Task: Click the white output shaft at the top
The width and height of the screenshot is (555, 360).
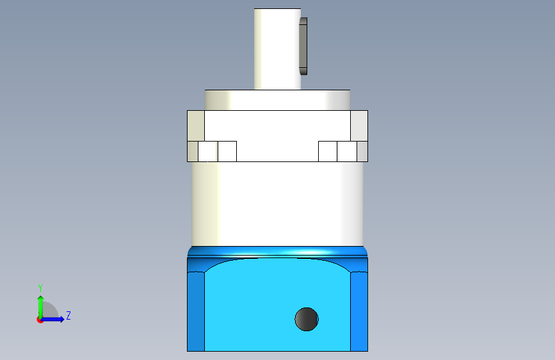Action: [x=277, y=49]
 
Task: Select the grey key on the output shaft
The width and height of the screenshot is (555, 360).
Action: [x=303, y=46]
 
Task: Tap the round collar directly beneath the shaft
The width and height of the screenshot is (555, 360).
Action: [x=277, y=100]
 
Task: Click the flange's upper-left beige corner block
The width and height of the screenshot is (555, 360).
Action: [x=196, y=126]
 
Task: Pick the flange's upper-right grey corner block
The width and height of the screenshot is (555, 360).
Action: [x=359, y=126]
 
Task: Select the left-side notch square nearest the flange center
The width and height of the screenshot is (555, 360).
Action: [x=227, y=151]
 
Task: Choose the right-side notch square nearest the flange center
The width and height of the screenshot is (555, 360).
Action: [x=328, y=151]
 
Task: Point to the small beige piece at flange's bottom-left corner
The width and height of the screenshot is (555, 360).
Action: [x=193, y=151]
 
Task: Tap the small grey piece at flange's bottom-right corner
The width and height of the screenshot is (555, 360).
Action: [x=362, y=151]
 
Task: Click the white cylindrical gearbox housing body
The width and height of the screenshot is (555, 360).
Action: [x=278, y=204]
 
